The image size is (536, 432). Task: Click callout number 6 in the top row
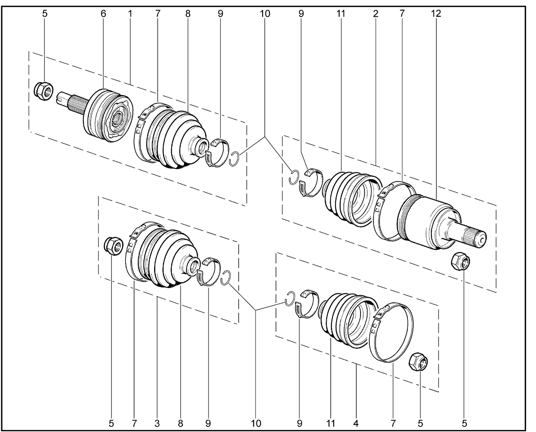tap(103, 13)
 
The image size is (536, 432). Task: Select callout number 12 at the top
tap(436, 13)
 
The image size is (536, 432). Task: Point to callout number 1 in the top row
tap(130, 13)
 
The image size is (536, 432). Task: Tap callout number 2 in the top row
tap(376, 13)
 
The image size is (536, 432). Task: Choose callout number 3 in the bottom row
tap(157, 423)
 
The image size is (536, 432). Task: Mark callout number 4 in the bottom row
tap(356, 423)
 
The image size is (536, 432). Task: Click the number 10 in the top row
tap(265, 13)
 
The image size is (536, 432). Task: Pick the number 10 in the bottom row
tap(255, 423)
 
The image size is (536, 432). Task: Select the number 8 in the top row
tap(188, 13)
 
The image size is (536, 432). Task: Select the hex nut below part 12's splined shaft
tap(461, 262)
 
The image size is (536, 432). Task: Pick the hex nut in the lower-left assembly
tap(113, 245)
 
